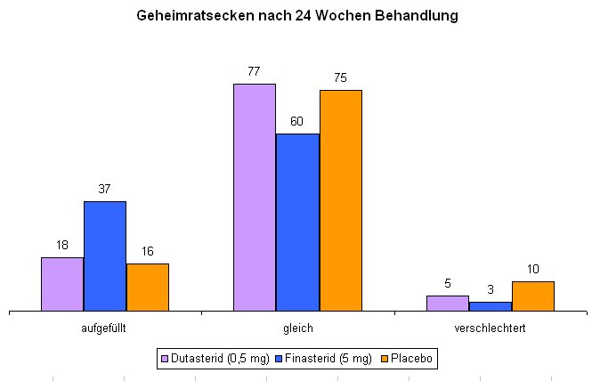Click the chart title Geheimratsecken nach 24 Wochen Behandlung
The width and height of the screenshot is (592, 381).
coord(296,16)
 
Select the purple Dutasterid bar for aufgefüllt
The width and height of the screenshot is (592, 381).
coord(62,284)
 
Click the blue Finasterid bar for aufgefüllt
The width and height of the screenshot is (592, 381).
coord(105,256)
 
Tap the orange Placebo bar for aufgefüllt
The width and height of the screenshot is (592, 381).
coord(148,288)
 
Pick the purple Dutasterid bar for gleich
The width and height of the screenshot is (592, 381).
coord(255,198)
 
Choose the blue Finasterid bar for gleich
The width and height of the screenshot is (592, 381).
coord(297,223)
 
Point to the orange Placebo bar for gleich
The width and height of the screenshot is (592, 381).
coord(341,200)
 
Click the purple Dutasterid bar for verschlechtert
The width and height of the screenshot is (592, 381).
coord(447,304)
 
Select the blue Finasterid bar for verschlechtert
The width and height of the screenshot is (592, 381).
coord(490,307)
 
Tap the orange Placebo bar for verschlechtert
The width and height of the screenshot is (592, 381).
coord(533,296)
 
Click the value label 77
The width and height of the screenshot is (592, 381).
coord(254,71)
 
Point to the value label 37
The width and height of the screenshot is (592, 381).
coord(105,189)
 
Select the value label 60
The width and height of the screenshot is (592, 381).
coord(297,121)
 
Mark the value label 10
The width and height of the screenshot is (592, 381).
coord(533,269)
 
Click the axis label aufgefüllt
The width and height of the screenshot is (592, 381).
coord(104,328)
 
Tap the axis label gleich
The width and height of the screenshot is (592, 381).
coord(297,328)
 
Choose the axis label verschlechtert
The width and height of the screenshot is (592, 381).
coord(490,328)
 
